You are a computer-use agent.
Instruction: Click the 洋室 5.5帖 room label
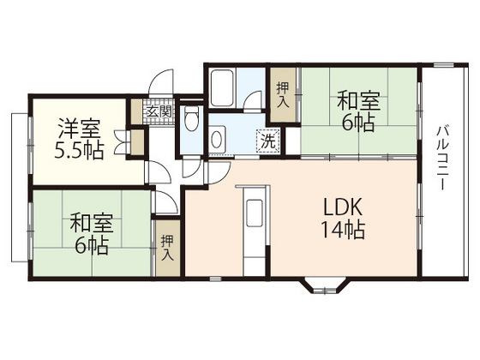pos(81,140)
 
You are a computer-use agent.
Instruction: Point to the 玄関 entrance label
pos(159,111)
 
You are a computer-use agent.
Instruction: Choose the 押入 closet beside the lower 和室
pos(168,249)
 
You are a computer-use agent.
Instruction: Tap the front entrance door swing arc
pos(160,86)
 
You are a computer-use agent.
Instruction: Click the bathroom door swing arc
pos(255,102)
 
